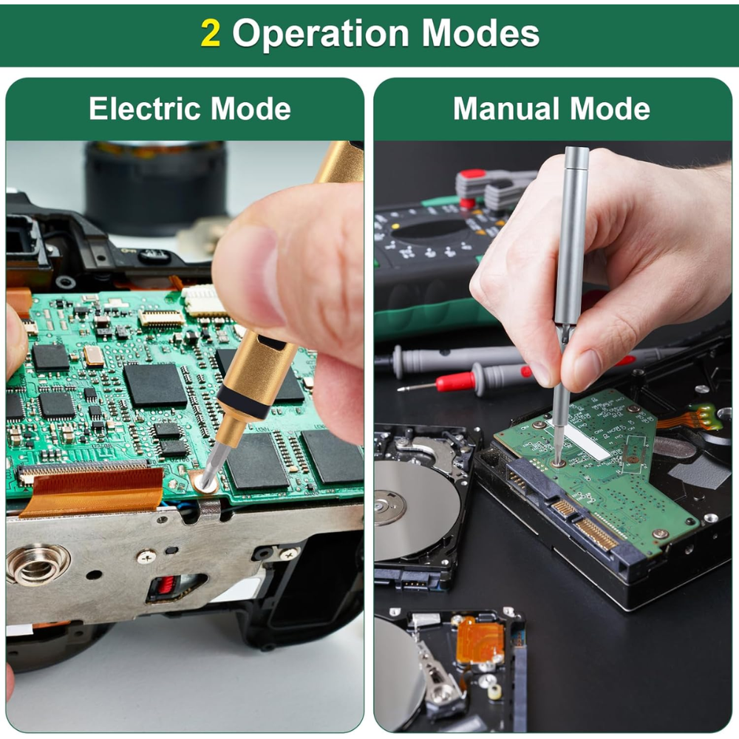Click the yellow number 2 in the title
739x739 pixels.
point(210,33)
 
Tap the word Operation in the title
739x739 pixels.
point(321,33)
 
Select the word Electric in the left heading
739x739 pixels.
point(146,109)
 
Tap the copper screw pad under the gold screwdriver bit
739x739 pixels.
point(204,482)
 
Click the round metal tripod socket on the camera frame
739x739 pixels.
point(37,566)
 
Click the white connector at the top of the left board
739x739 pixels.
point(205,300)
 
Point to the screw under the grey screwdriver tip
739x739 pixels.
point(559,463)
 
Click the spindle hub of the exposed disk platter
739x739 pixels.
point(389,507)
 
